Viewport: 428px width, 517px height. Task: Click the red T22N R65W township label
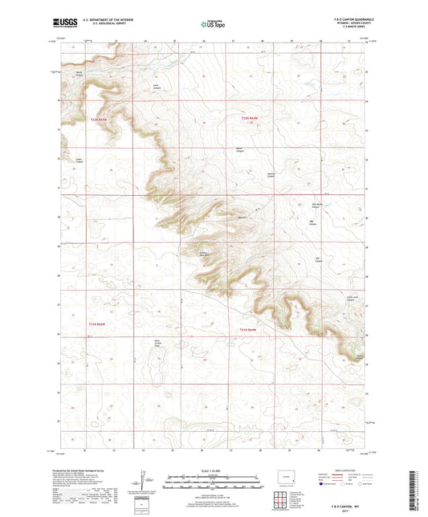coord(98,120)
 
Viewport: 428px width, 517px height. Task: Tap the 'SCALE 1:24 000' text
coord(213,472)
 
